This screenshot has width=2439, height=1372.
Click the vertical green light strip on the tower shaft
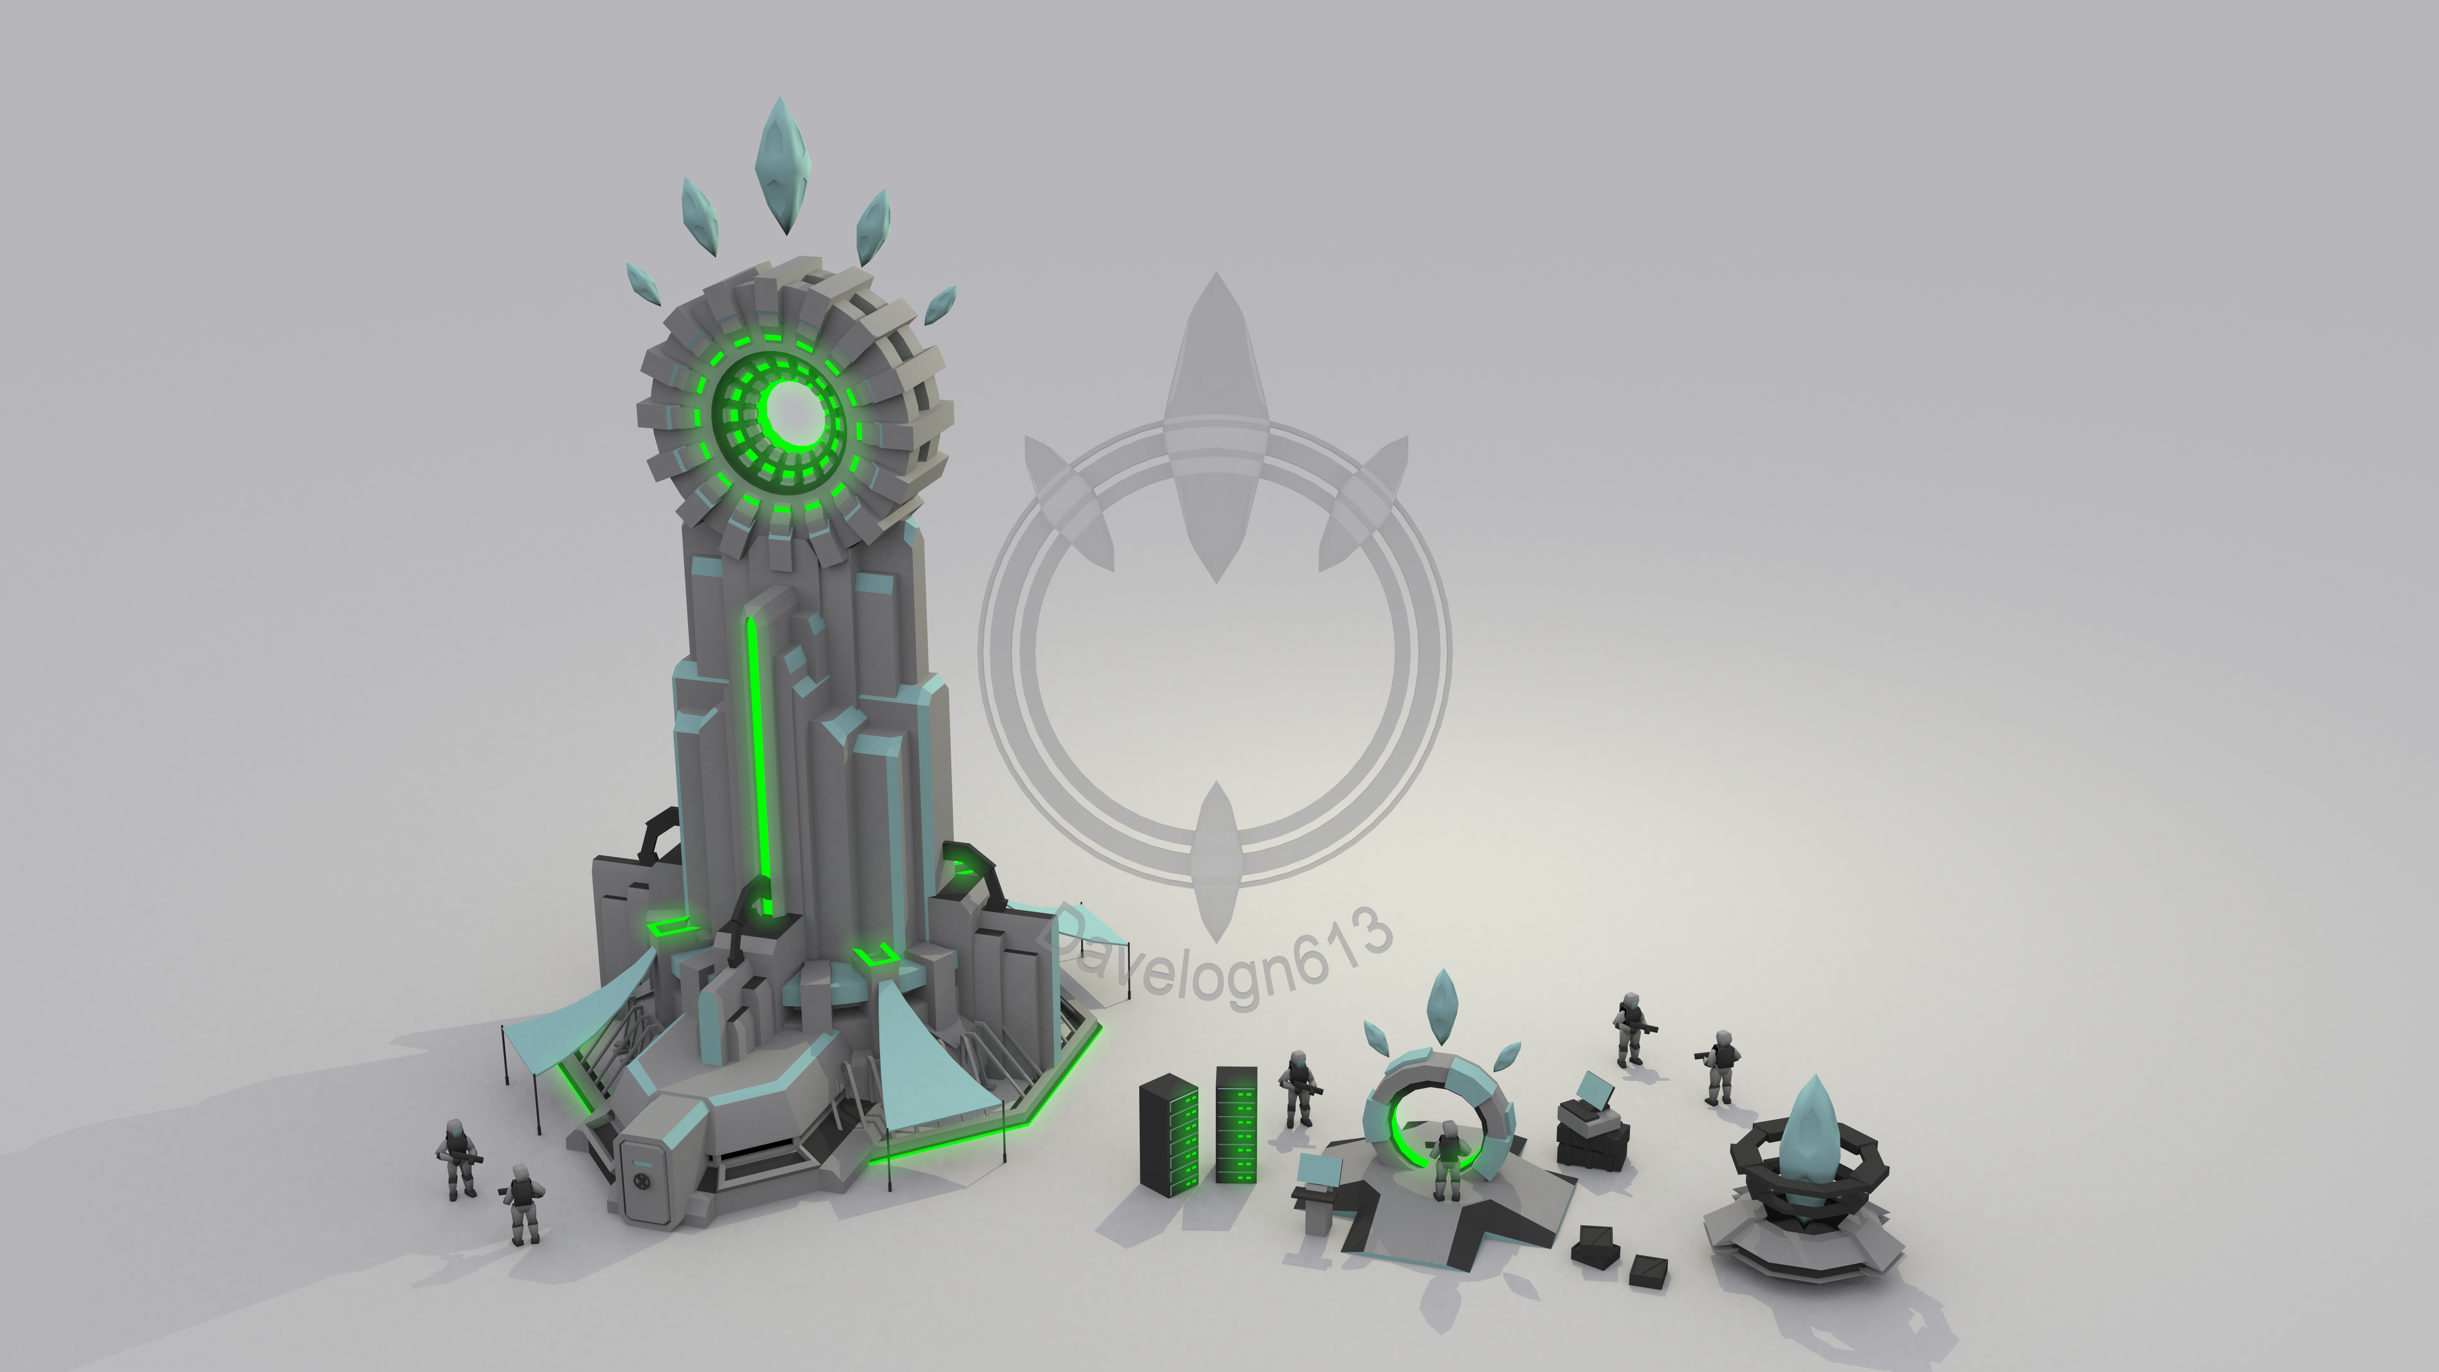click(757, 767)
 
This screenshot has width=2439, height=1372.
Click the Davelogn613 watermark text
click(1217, 956)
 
